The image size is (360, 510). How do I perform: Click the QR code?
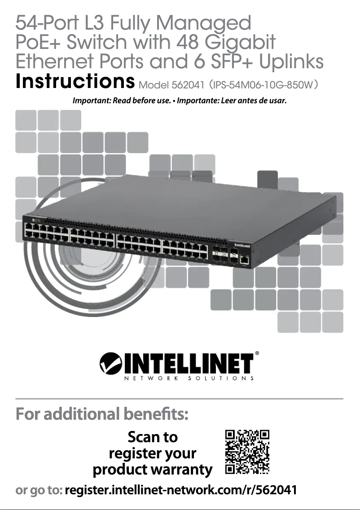[247, 452]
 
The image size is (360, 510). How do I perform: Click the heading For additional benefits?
[101, 413]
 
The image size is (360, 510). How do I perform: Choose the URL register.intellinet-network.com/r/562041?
[181, 490]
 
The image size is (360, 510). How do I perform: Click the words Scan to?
[153, 437]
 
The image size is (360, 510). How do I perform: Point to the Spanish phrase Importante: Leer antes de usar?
[232, 100]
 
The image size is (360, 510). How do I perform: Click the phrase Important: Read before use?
[123, 100]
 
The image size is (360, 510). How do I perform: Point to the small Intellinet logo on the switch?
[243, 246]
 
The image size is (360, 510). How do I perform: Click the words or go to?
[39, 490]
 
